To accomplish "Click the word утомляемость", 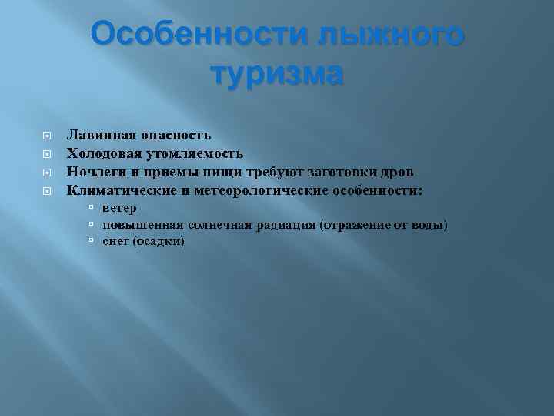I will pos(197,153).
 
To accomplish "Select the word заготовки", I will pos(342,171).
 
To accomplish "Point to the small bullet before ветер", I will pos(91,208).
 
